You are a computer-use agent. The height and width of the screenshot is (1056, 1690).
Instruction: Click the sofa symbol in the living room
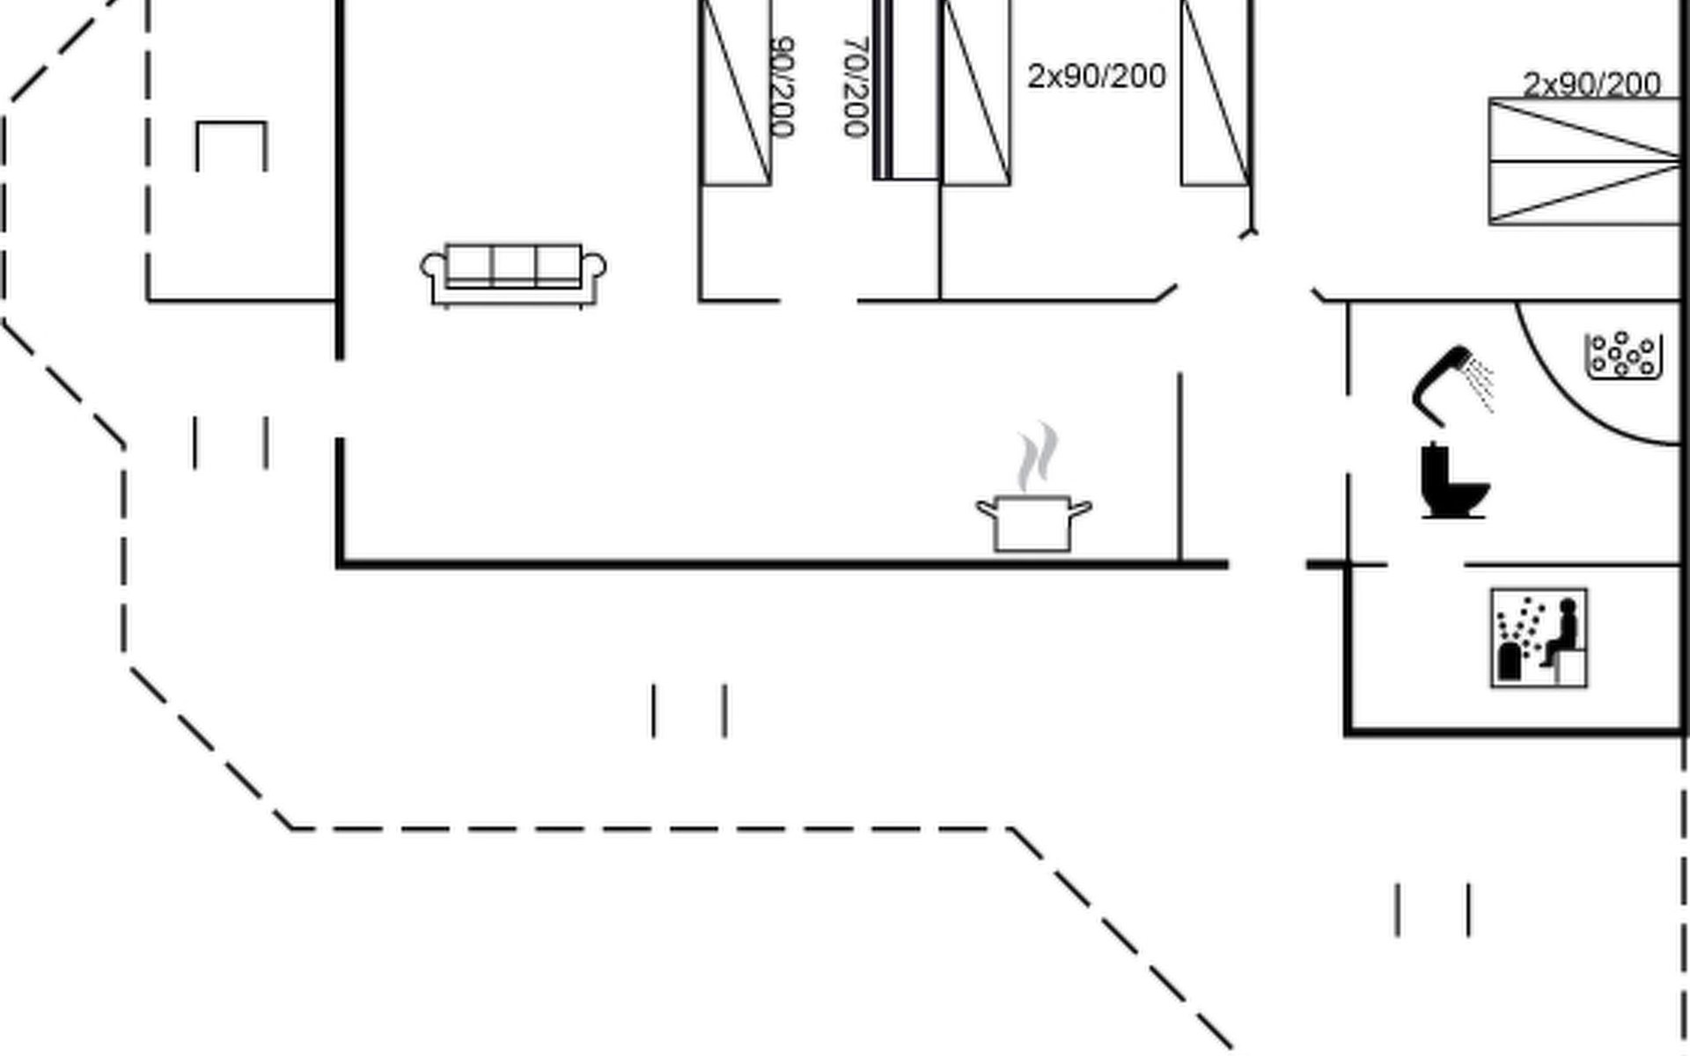pos(513,275)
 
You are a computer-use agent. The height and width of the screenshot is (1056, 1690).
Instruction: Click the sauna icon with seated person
pos(1539,638)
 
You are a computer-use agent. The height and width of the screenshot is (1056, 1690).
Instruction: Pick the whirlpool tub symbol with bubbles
pos(1623,356)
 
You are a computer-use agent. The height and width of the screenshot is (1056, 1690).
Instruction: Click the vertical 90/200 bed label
pos(782,86)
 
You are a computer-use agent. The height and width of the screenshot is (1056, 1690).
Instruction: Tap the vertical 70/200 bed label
pos(856,86)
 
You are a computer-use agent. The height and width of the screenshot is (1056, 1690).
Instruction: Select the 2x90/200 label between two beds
pos(1097,77)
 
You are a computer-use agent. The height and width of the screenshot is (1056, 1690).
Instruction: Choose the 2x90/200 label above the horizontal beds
pos(1591,84)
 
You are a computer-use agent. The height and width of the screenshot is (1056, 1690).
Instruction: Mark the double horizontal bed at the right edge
pos(1584,161)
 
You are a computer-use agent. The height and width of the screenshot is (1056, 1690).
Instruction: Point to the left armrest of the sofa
pos(434,267)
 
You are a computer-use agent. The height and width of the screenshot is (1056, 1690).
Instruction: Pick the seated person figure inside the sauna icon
pos(1563,630)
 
